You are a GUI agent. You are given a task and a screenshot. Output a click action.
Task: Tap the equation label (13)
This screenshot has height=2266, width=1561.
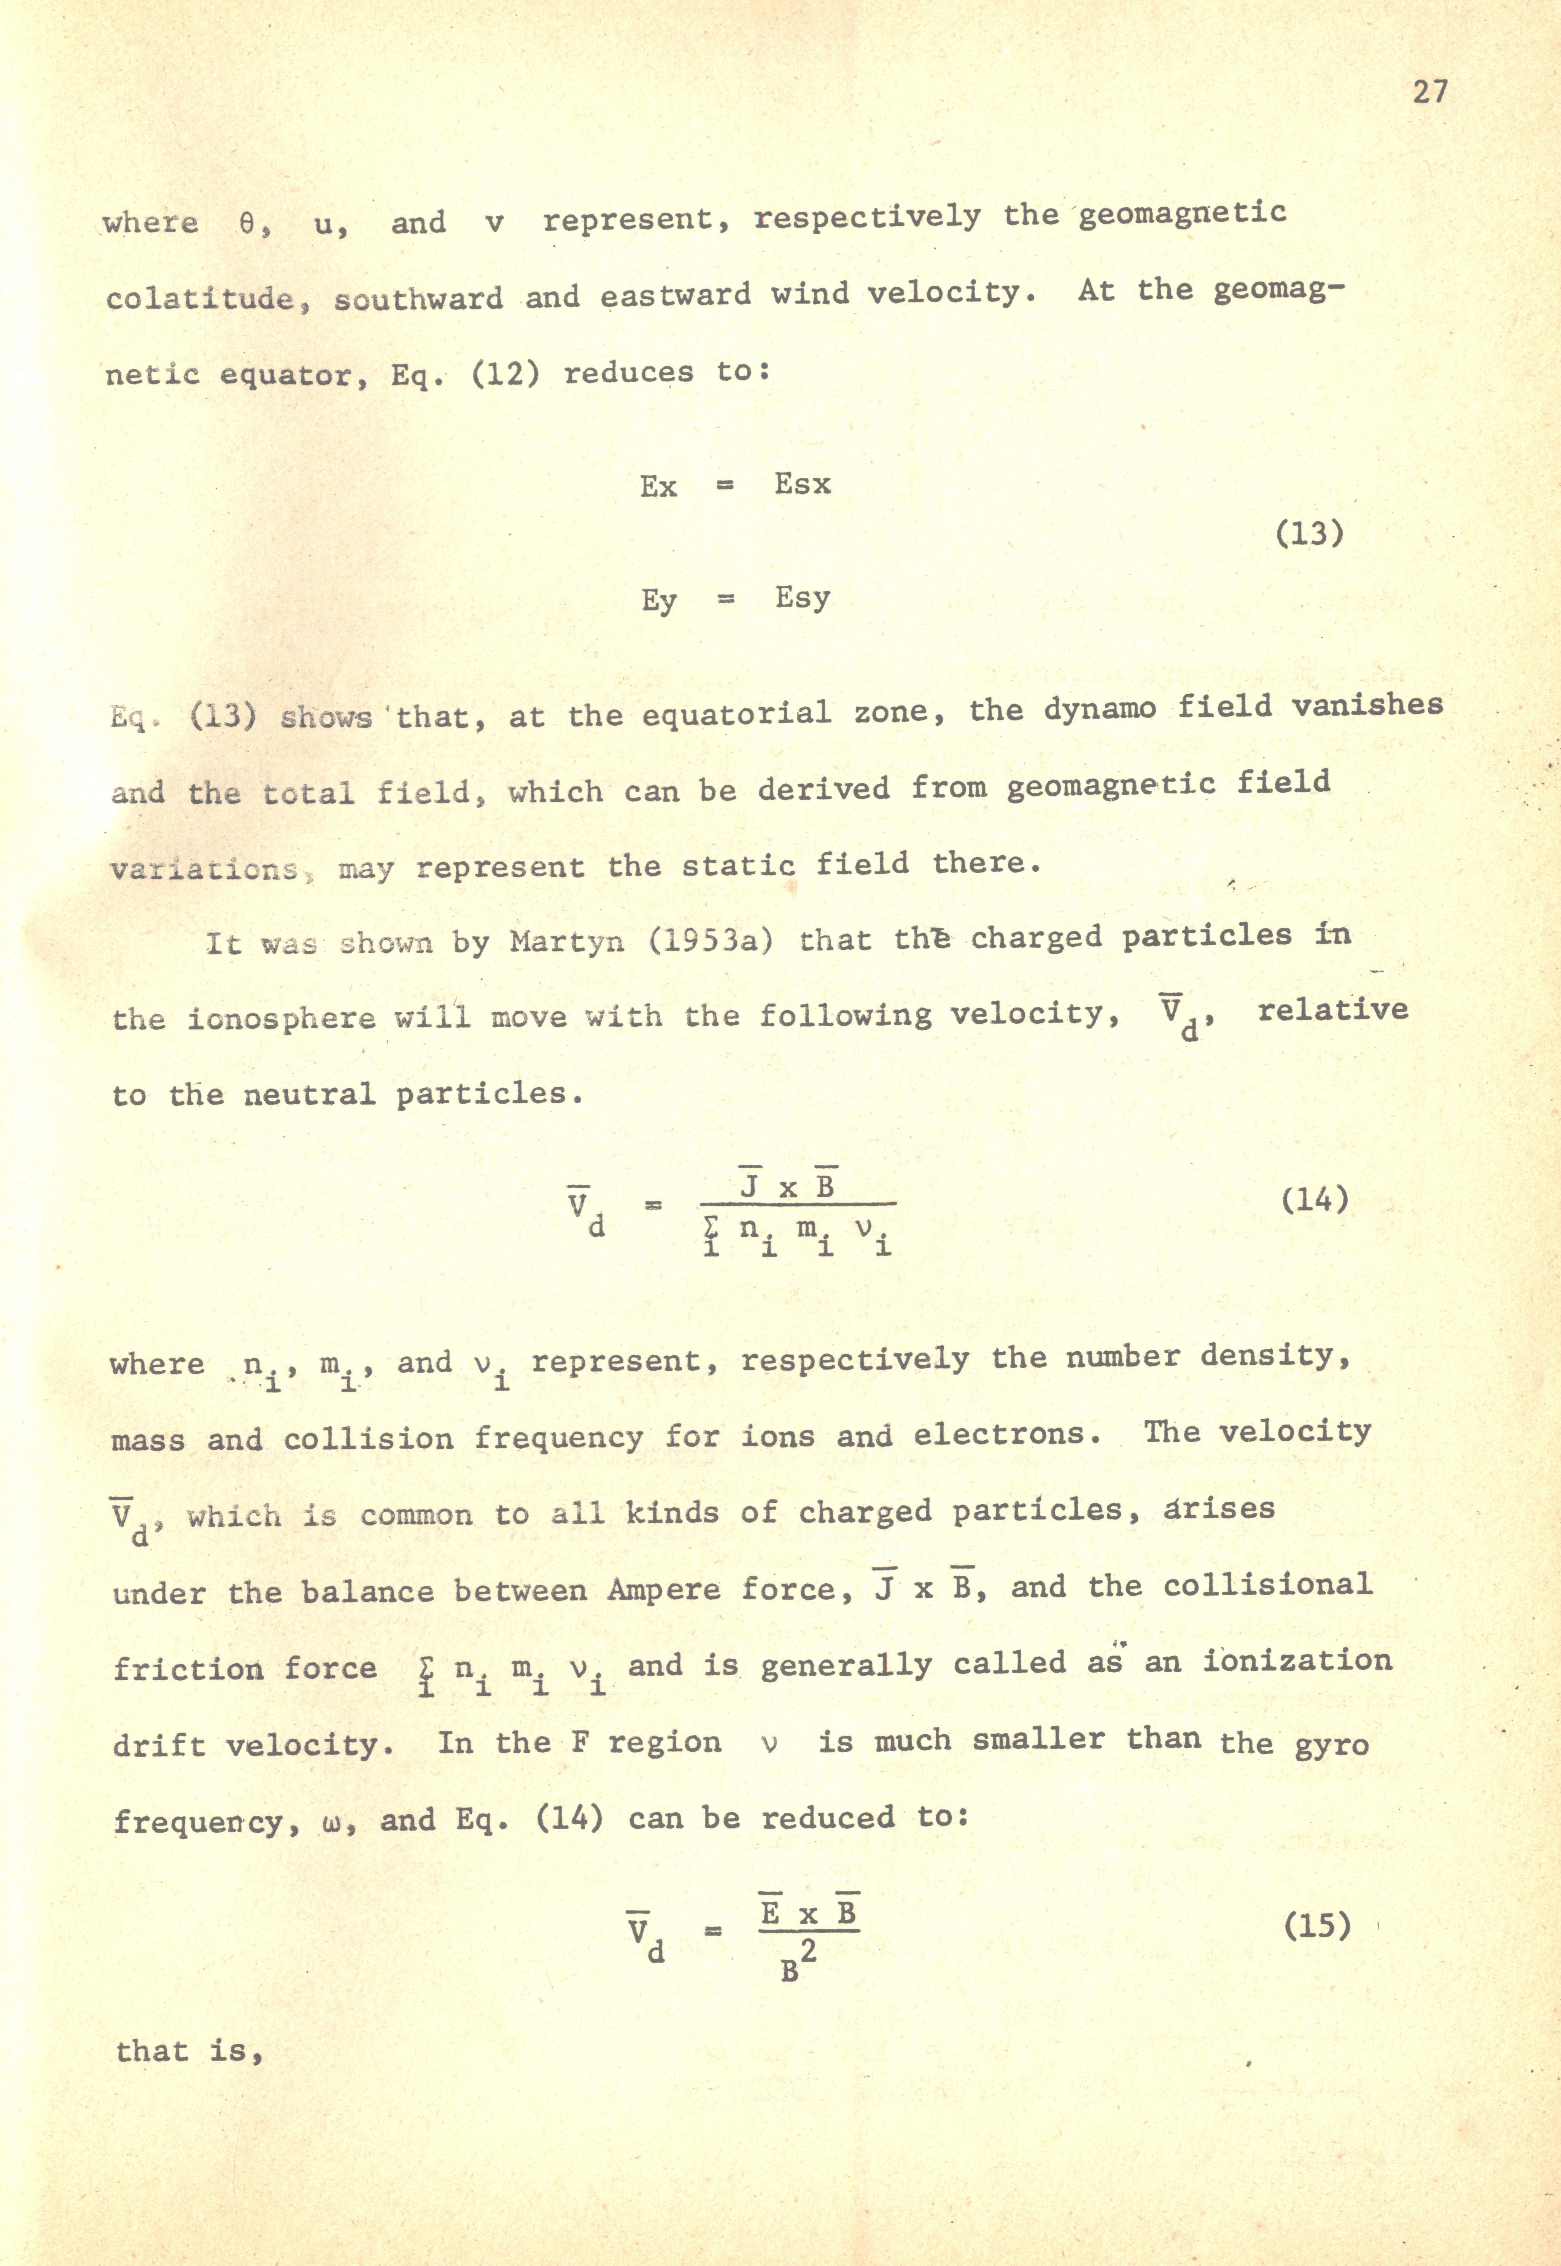(x=1310, y=534)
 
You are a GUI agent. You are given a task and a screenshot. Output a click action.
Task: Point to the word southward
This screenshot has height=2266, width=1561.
(x=419, y=297)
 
